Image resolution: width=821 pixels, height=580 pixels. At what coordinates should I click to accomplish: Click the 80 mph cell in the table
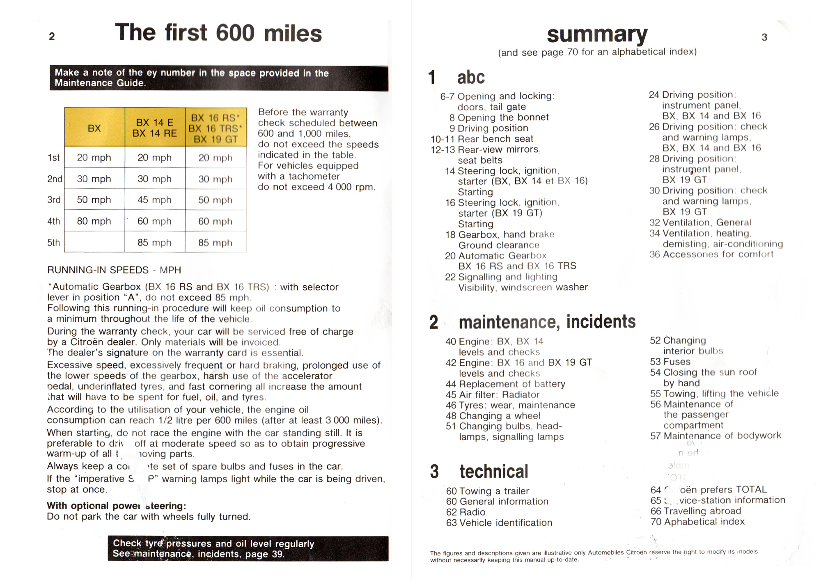point(94,221)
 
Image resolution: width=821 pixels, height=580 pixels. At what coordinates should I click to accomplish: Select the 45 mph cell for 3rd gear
point(154,200)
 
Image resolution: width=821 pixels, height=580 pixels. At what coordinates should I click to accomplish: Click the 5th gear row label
point(53,243)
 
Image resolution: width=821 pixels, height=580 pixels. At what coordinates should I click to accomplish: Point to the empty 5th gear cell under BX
point(94,242)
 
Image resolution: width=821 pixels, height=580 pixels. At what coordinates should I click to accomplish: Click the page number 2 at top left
point(52,37)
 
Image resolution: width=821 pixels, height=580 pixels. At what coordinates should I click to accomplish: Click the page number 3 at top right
point(764,37)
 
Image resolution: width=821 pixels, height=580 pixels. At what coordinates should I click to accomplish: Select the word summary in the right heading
point(597,34)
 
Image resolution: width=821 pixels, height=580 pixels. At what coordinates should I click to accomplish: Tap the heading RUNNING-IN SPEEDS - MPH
point(114,270)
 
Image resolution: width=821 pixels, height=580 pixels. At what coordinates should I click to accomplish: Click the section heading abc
point(471,77)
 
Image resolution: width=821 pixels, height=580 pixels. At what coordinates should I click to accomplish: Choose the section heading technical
point(493,472)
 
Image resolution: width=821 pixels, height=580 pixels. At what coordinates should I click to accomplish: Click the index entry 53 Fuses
point(670,362)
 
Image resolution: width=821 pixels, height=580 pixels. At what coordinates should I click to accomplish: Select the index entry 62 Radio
point(466,512)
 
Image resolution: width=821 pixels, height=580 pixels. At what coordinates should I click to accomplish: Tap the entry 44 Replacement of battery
point(506,384)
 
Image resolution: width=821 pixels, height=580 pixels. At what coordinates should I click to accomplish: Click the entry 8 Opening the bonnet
point(499,117)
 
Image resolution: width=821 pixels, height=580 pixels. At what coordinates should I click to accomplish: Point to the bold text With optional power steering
point(116,506)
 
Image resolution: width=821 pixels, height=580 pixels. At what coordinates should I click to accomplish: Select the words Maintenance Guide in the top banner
point(100,83)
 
